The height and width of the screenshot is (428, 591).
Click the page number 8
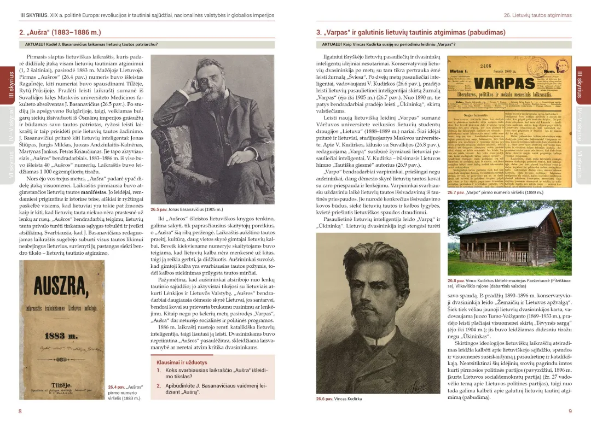(x=20, y=411)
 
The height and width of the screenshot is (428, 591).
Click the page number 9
(x=570, y=411)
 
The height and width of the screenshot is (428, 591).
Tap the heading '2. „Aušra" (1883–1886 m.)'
(x=60, y=32)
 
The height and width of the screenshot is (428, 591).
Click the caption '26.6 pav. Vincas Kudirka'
(x=339, y=399)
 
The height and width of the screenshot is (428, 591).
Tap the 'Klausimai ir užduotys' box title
(x=182, y=362)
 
